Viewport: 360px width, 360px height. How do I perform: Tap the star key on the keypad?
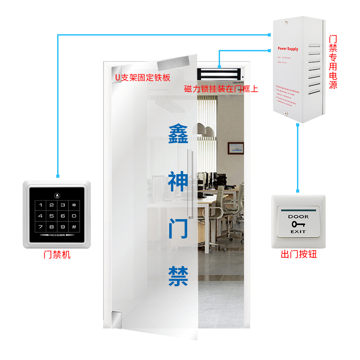[74, 205]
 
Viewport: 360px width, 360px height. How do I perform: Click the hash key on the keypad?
[74, 227]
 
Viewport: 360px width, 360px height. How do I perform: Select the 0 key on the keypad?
[74, 216]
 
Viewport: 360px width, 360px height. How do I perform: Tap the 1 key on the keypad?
[41, 205]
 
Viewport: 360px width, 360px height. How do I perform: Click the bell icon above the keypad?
[57, 196]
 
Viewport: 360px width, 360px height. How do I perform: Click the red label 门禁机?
[57, 255]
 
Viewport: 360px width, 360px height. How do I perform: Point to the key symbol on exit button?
[298, 224]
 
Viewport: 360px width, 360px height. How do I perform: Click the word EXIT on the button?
[298, 231]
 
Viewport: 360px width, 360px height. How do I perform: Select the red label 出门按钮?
[299, 255]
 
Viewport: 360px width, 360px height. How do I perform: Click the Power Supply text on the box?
[288, 49]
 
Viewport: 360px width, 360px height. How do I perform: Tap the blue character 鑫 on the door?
[178, 134]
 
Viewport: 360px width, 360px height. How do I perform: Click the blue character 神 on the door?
[178, 181]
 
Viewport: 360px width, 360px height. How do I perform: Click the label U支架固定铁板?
[143, 77]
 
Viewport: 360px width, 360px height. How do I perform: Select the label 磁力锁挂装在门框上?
[221, 89]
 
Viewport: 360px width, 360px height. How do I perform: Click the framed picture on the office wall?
[235, 148]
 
